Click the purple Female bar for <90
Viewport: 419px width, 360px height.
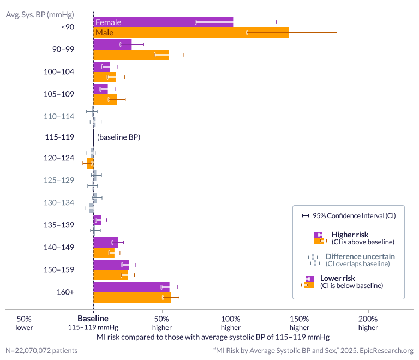pyautogui.click(x=163, y=22)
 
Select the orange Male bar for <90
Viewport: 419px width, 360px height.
pyautogui.click(x=191, y=33)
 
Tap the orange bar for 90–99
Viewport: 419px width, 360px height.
pyautogui.click(x=131, y=55)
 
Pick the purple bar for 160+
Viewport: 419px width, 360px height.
pyautogui.click(x=131, y=287)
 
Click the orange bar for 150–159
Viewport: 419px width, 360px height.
pyautogui.click(x=110, y=275)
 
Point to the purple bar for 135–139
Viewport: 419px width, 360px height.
pyautogui.click(x=97, y=220)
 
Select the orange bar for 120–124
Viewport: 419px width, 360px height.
pyautogui.click(x=91, y=163)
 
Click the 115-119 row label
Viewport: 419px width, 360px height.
pyautogui.click(x=59, y=137)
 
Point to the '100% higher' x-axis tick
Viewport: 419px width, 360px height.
pyautogui.click(x=231, y=323)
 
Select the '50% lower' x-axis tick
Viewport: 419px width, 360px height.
pyautogui.click(x=24, y=323)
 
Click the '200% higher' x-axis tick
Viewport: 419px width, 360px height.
pyautogui.click(x=368, y=323)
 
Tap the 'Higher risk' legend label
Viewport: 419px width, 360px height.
pyautogui.click(x=350, y=235)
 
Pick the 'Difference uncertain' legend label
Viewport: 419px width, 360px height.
pyautogui.click(x=360, y=256)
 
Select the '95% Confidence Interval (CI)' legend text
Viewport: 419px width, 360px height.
pyautogui.click(x=354, y=215)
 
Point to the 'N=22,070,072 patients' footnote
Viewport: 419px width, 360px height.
pyautogui.click(x=41, y=350)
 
